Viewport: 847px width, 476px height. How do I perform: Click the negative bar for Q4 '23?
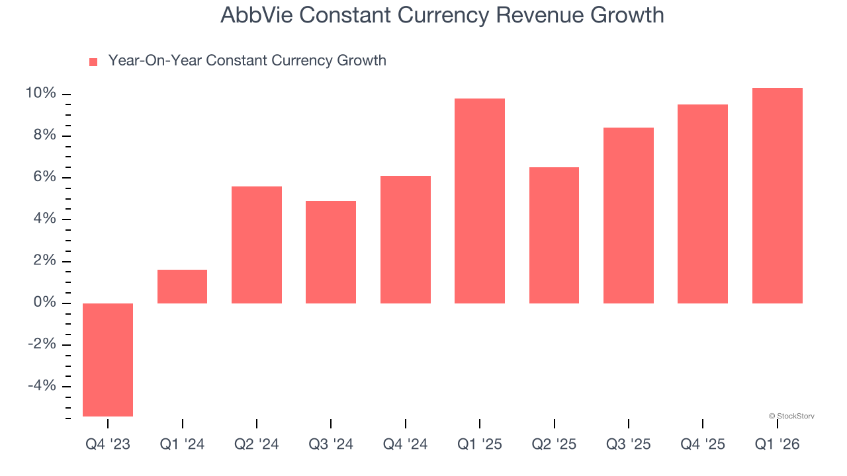[108, 360]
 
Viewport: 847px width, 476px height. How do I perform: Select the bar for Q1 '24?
[182, 286]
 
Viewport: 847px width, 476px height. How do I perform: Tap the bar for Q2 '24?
[256, 245]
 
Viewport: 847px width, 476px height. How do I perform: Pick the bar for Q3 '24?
[331, 252]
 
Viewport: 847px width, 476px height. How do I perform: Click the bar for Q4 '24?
[405, 239]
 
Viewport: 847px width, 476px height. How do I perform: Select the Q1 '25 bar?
[480, 201]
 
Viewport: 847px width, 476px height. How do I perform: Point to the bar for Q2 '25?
[554, 235]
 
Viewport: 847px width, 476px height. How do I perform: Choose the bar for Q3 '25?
[629, 216]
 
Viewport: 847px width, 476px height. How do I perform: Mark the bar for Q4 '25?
[703, 204]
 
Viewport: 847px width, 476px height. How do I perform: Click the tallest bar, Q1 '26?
[777, 196]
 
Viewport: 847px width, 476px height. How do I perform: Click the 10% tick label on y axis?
[40, 94]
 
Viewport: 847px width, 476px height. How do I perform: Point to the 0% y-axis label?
[44, 303]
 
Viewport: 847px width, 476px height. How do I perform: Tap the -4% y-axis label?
[42, 386]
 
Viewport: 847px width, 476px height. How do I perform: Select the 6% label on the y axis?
[44, 177]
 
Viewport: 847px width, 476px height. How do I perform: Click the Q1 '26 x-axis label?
[777, 444]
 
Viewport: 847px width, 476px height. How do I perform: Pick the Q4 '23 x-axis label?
[108, 444]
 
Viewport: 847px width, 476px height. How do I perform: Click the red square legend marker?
[93, 61]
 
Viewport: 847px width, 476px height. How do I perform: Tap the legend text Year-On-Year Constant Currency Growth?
[247, 61]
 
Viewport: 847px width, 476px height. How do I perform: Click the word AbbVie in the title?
[255, 15]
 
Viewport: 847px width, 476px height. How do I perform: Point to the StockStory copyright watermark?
[791, 416]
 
